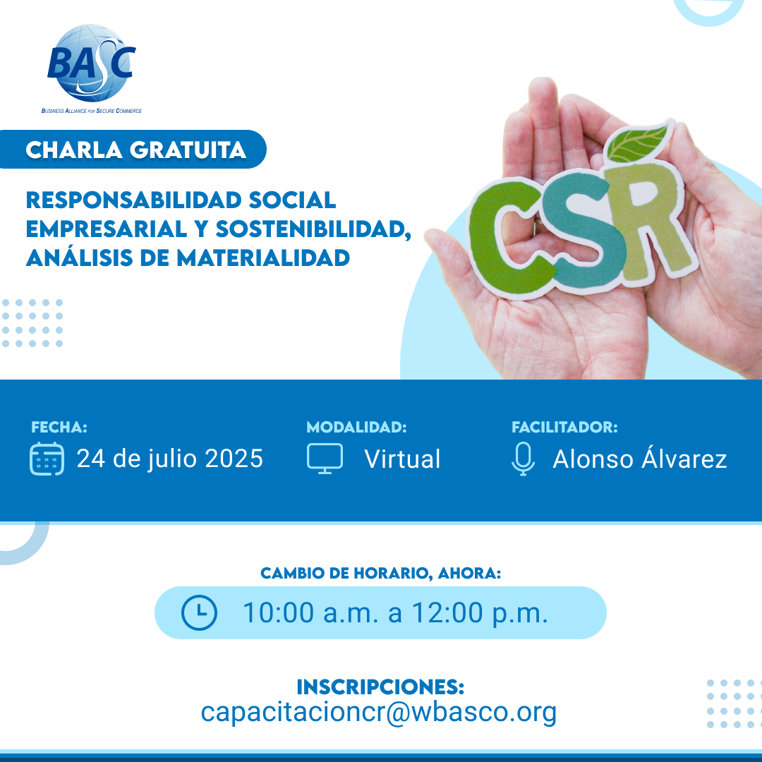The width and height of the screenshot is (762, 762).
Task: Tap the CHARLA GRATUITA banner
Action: coord(132,149)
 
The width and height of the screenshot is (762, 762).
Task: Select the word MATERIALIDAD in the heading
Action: coord(263,258)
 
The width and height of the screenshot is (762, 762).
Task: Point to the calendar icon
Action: coord(47,459)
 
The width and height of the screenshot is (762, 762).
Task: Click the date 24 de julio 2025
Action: coord(170,459)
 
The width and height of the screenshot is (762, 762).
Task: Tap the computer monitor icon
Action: coord(325,459)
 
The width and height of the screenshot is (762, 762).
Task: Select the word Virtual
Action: coord(402,459)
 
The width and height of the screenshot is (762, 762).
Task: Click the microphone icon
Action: coord(523,459)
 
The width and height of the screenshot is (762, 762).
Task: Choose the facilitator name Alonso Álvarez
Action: coord(639,458)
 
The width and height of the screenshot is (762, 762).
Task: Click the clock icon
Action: coord(199,612)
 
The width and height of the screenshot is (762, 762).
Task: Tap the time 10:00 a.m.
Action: coord(310,612)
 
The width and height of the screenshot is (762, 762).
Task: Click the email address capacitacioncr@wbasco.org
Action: coord(379,712)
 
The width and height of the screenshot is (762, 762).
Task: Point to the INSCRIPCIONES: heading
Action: coord(380,687)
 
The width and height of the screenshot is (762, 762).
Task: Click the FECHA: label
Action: coord(59,427)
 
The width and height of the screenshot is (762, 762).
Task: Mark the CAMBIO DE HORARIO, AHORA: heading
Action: coord(380,573)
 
